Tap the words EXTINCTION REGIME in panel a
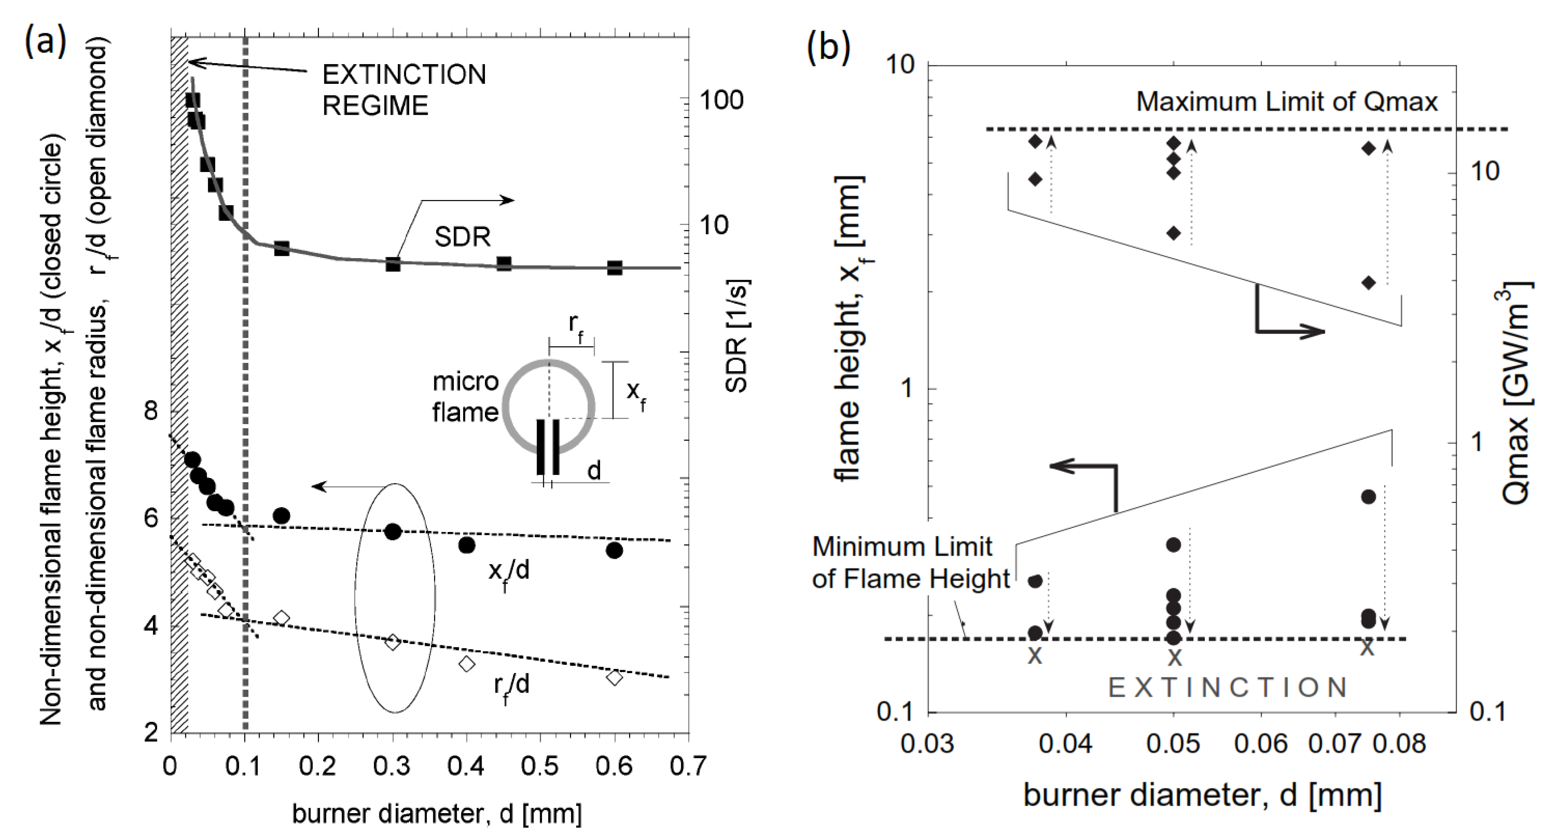[x=404, y=89]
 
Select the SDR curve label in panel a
[x=462, y=237]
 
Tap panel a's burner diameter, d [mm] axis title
[x=436, y=814]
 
